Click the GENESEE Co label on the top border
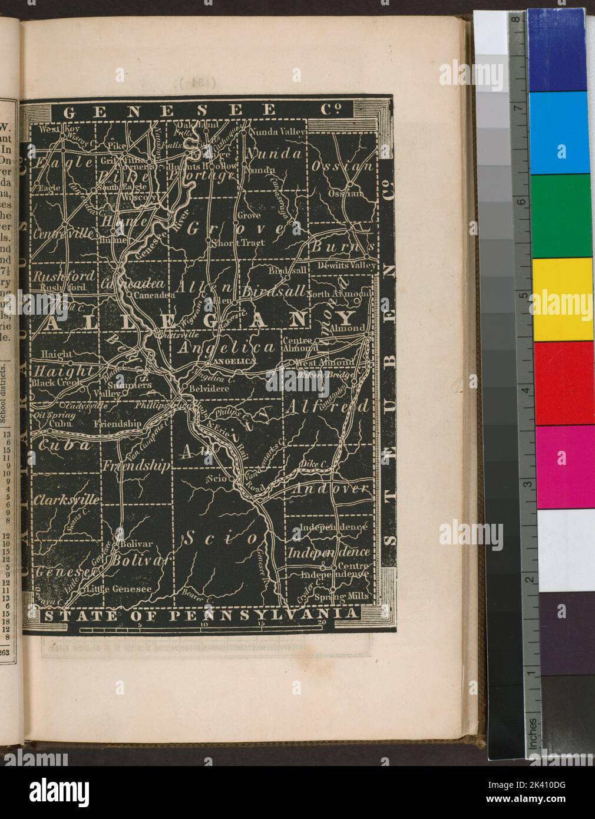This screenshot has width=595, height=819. point(200,110)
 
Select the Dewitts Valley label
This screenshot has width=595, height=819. point(346,266)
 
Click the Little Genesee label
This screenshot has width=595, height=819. point(118,589)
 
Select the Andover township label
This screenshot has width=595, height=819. point(330,488)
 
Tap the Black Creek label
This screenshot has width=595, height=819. point(54,382)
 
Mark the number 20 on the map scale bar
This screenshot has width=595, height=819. point(321,624)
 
